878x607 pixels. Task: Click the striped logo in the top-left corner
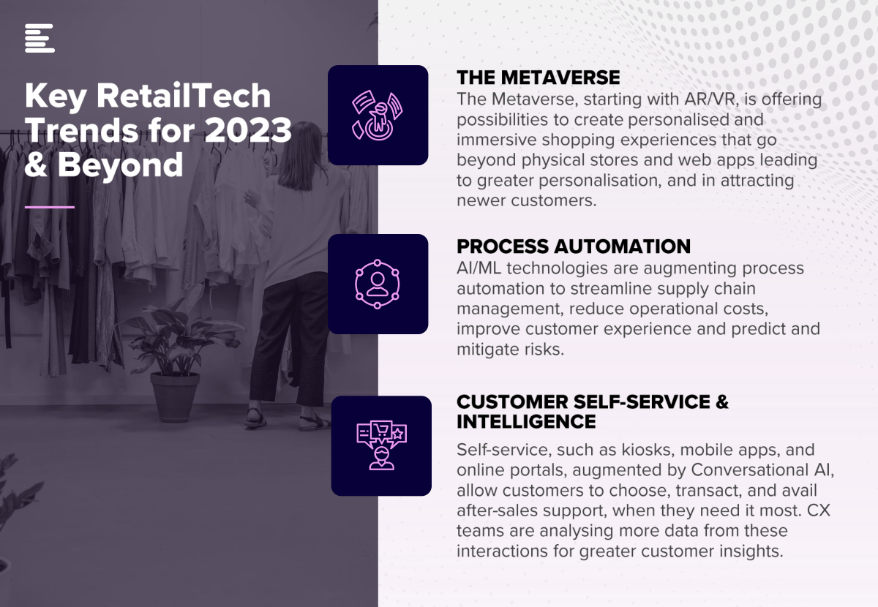(x=40, y=38)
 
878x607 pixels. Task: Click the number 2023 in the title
(x=248, y=130)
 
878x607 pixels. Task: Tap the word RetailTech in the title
(x=184, y=95)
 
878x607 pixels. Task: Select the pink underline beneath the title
(x=50, y=207)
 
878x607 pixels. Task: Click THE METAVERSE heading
(x=539, y=78)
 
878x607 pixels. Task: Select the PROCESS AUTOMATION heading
(x=574, y=246)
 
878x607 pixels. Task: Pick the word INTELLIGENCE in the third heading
(x=526, y=422)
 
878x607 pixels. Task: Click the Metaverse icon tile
(x=378, y=116)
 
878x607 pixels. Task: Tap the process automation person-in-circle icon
(x=377, y=284)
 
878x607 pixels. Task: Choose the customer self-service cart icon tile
(x=381, y=446)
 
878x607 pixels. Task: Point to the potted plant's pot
(x=175, y=396)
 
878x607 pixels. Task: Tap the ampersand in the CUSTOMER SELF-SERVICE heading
(x=721, y=402)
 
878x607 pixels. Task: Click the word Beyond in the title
(x=120, y=165)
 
